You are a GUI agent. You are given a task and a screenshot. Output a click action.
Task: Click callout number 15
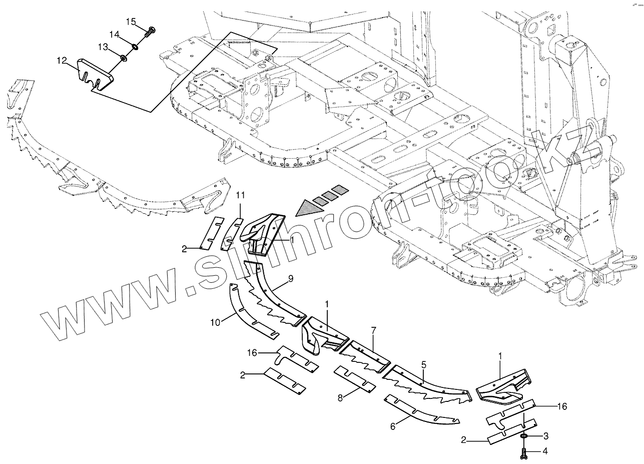[x=131, y=22]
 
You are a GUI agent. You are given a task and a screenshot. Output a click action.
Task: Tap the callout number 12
[x=62, y=61]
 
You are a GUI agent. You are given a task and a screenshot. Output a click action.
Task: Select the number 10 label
[x=215, y=322]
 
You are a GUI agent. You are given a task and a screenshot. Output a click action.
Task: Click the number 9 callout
[x=291, y=278]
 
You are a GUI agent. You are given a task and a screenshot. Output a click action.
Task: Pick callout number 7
[x=373, y=331]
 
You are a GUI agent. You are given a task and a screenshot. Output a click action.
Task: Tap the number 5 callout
[x=423, y=364]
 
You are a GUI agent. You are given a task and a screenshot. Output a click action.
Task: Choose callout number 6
[x=393, y=426]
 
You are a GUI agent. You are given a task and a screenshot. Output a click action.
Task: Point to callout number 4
[x=546, y=452]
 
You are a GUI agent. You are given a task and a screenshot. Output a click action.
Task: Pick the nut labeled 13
[x=123, y=60]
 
